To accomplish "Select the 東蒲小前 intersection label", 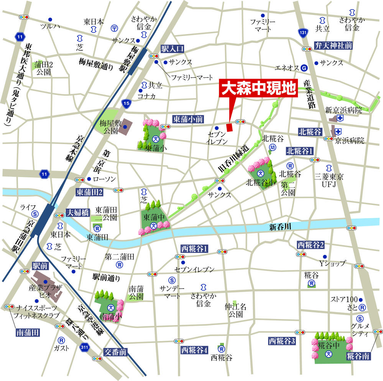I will tap(187, 119).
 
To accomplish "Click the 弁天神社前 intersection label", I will tap(333, 45).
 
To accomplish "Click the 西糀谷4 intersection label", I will tap(195, 350).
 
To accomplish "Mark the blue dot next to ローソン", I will tap(89, 179).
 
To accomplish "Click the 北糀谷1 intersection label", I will tap(300, 150).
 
